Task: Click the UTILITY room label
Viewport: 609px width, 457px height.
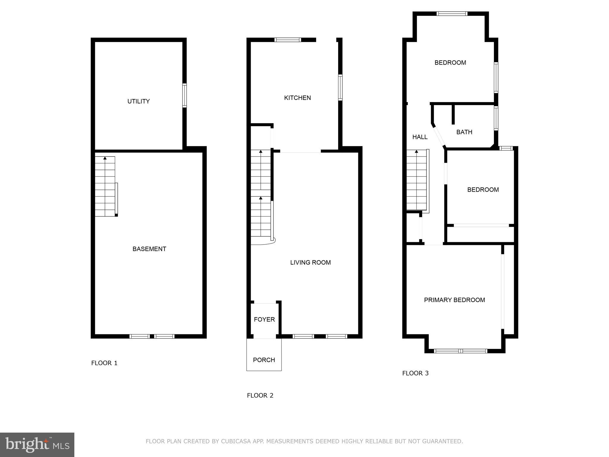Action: [x=138, y=101]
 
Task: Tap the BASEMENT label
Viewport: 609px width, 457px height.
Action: [x=149, y=249]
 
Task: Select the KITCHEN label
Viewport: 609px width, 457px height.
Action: [x=297, y=98]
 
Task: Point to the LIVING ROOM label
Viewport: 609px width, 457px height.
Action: [x=310, y=262]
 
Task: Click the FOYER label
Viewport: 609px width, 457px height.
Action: [x=264, y=320]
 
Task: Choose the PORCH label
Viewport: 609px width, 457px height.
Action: [x=264, y=360]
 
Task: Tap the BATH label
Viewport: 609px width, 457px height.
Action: [x=464, y=132]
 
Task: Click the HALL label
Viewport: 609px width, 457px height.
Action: [x=420, y=137]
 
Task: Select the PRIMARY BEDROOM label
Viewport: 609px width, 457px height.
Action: [x=454, y=300]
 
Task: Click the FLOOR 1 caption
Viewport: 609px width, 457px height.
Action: [x=104, y=363]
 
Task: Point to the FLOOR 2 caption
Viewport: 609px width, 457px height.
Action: [x=260, y=395]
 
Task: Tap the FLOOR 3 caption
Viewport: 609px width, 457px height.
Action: [x=415, y=373]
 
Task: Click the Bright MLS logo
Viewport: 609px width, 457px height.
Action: [x=37, y=445]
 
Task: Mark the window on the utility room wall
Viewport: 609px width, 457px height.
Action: [x=184, y=95]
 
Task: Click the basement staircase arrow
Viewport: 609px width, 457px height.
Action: [x=105, y=158]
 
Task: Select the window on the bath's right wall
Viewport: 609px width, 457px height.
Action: [x=496, y=118]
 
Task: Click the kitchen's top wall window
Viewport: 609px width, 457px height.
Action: [x=288, y=40]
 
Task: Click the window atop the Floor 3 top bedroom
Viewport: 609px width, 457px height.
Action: [x=452, y=14]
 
